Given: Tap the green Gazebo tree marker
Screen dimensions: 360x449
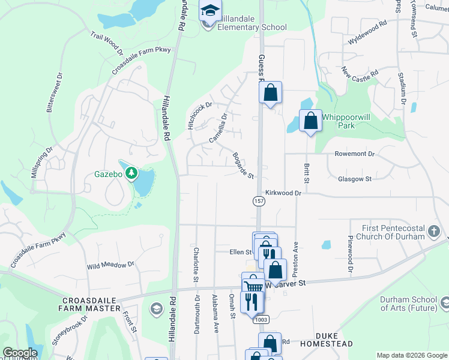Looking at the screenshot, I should (131, 174).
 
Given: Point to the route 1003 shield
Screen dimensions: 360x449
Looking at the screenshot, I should (261, 319).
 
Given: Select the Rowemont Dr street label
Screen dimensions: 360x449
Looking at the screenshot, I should (354, 154).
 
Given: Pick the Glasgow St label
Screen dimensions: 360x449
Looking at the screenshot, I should (355, 179).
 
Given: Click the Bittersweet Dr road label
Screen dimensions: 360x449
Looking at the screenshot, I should (55, 93).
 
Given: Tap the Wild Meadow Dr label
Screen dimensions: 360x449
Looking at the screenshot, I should (110, 265).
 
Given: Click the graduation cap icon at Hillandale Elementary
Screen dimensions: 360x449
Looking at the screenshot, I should (210, 10).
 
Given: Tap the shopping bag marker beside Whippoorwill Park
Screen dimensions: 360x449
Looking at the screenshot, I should (310, 121).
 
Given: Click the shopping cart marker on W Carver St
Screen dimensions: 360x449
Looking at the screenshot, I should (253, 284).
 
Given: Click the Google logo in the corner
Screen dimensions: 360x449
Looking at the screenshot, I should (20, 353).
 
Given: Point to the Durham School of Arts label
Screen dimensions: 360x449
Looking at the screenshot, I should (414, 304).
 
